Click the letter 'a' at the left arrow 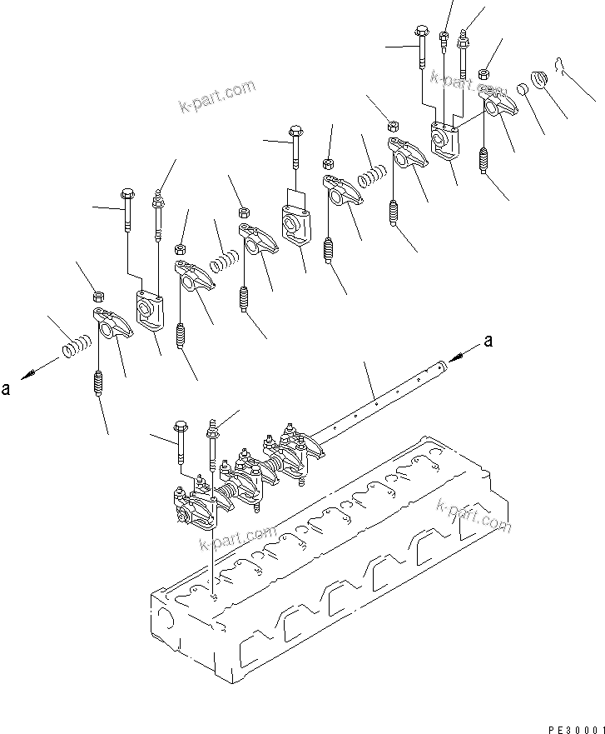pos(7,389)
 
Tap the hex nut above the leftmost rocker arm pos(97,295)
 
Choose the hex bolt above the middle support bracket pos(295,145)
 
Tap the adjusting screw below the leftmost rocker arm pos(98,384)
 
